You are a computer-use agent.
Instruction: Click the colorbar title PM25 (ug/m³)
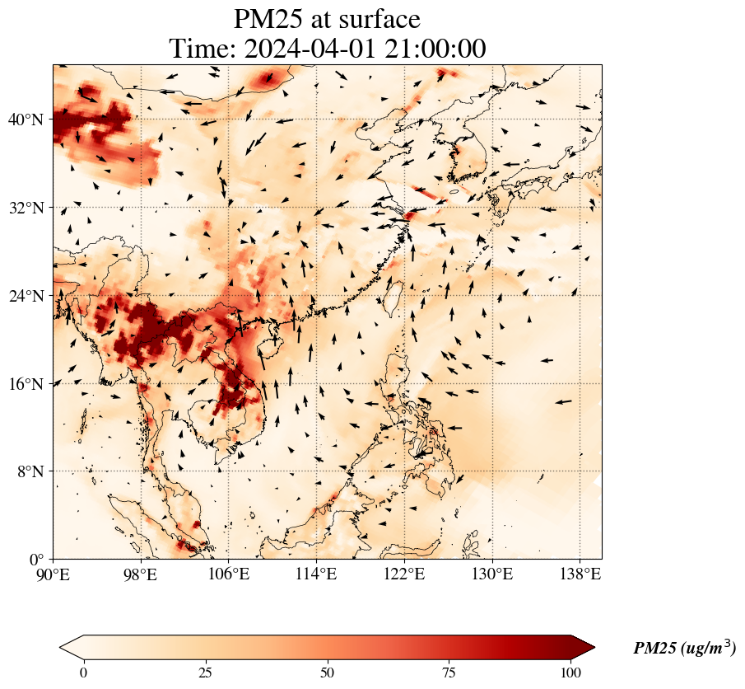[684, 648]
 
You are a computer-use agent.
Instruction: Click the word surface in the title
[375, 19]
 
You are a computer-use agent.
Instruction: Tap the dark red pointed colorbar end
[584, 647]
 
